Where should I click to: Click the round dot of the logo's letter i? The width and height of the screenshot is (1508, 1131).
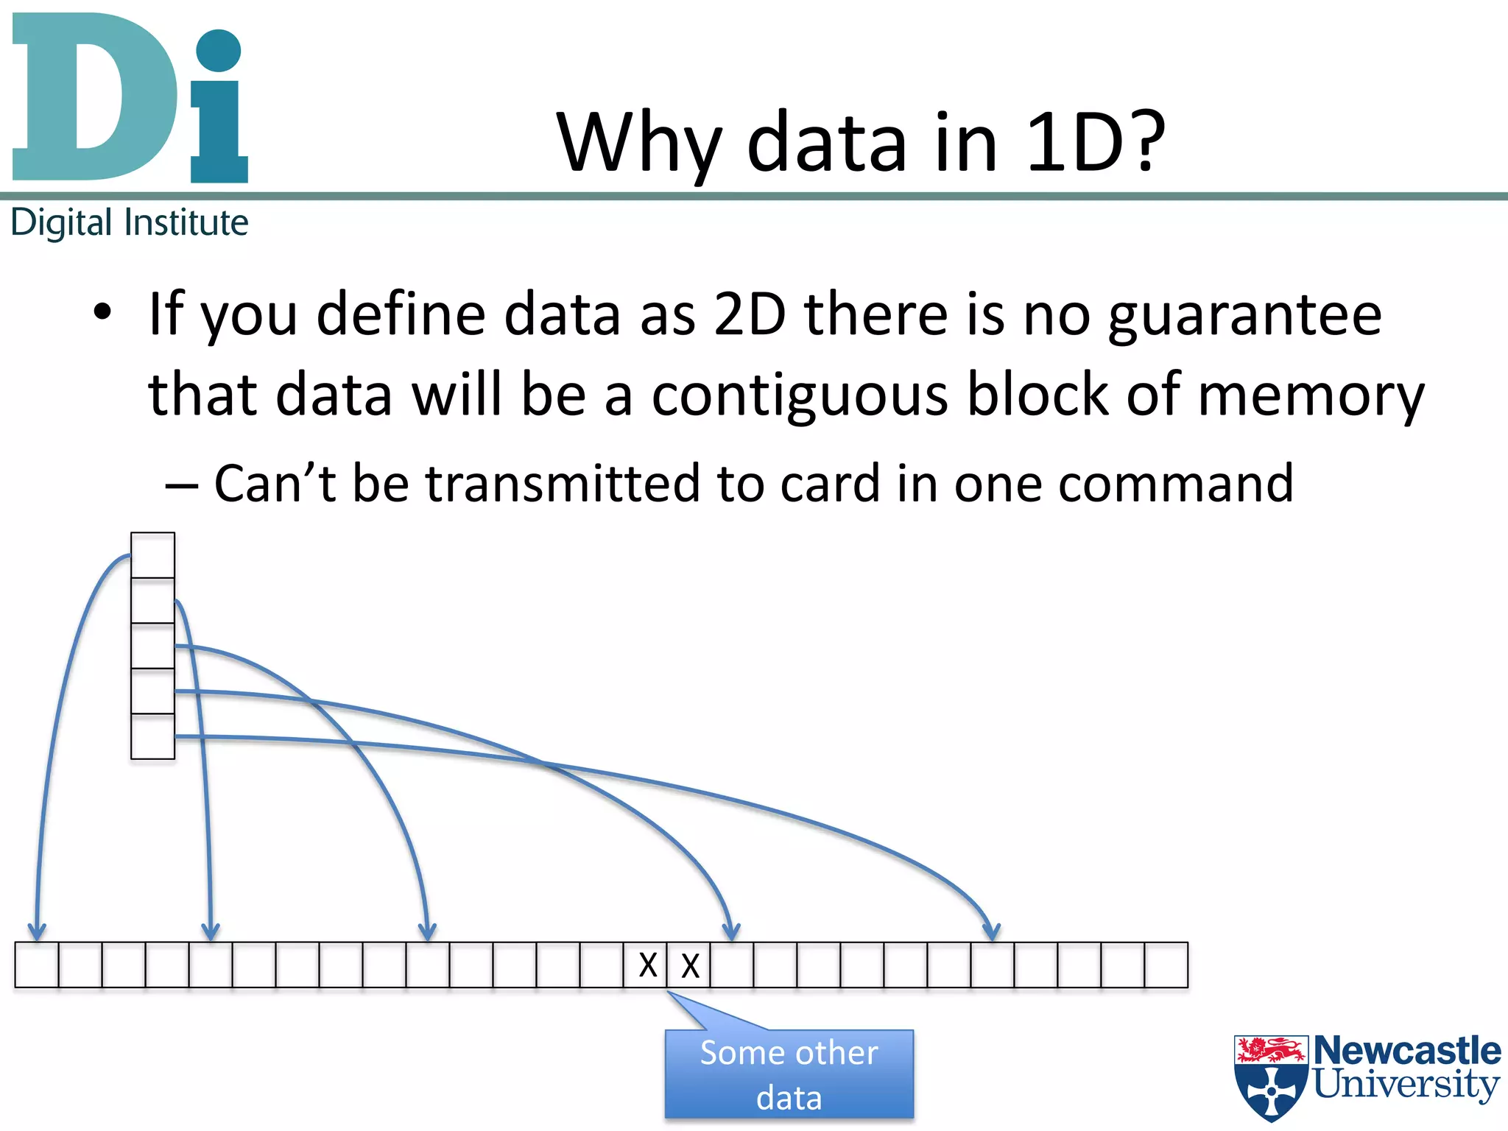pos(219,50)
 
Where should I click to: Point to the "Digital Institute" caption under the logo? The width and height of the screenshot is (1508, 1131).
pos(130,222)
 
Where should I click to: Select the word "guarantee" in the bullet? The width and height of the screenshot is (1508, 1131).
pos(1244,315)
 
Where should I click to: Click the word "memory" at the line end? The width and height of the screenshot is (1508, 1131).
pos(1311,395)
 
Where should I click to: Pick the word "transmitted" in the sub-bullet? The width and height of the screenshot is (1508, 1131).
pos(563,484)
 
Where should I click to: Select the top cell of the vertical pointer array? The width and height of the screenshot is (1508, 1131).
pos(152,555)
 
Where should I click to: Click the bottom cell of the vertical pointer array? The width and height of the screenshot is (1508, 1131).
pos(152,736)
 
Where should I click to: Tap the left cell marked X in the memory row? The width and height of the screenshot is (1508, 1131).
pos(646,965)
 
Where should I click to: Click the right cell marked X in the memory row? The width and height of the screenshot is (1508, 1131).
pos(689,965)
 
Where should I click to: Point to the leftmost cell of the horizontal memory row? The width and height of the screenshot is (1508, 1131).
pos(36,965)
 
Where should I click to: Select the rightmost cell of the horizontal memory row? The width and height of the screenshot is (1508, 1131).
pos(1166,965)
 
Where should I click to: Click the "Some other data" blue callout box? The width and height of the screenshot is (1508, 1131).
pos(789,1074)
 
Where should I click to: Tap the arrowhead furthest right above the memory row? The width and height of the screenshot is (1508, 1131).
pos(991,931)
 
